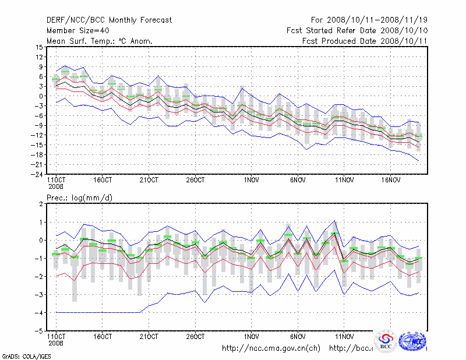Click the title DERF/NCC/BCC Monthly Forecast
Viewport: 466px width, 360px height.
coord(109,20)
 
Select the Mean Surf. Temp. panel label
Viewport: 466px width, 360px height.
coord(99,41)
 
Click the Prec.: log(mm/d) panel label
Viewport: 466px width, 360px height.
coord(79,199)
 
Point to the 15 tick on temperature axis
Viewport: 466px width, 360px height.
coord(38,47)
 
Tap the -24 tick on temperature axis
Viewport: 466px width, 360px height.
coord(37,174)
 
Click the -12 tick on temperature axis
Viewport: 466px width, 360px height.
coord(37,135)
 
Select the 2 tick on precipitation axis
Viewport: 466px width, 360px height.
coord(41,204)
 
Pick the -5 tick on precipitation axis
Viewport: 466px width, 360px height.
coord(38,330)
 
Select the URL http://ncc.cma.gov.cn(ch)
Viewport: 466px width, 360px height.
coord(271,348)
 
